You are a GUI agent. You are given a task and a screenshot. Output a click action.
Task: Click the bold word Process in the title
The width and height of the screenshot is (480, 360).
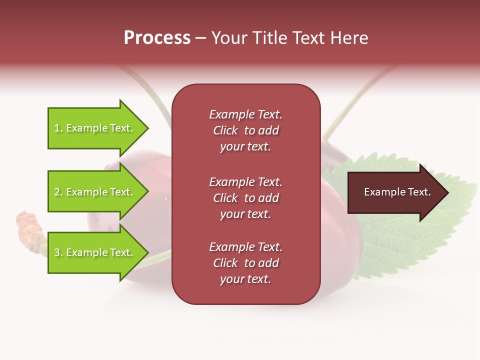click(157, 38)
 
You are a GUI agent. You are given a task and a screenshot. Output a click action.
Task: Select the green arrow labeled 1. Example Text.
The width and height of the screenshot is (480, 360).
click(95, 128)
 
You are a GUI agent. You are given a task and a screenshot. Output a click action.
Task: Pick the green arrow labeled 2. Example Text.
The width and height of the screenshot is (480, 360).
click(95, 192)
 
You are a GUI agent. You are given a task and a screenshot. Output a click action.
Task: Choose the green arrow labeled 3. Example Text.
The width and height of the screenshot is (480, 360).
click(95, 252)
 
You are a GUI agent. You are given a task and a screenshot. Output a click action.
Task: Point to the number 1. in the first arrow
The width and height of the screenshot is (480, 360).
click(58, 128)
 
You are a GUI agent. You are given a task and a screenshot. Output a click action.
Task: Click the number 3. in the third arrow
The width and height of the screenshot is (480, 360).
click(58, 253)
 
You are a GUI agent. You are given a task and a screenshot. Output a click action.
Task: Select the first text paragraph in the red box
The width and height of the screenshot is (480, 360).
click(245, 130)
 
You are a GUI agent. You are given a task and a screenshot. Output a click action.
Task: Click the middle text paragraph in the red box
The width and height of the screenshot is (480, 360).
click(245, 198)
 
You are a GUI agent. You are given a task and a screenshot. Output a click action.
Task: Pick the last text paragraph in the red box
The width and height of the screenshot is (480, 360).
click(245, 263)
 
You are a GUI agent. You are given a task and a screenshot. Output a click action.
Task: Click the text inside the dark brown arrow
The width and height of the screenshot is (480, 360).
click(397, 192)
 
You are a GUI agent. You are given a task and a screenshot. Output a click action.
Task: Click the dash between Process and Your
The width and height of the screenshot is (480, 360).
click(200, 38)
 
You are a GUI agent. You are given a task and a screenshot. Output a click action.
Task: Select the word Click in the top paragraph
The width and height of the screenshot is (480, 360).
click(225, 130)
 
